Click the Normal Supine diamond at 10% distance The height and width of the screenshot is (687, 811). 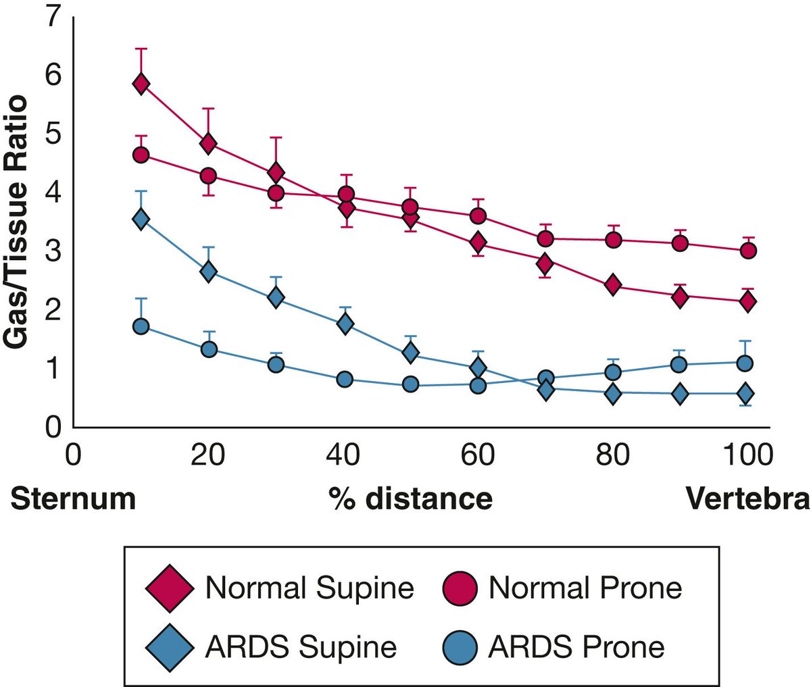point(141,84)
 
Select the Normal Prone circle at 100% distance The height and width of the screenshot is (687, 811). point(748,251)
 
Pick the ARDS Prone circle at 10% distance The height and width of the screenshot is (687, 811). point(141,326)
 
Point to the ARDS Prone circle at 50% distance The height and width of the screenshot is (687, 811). point(410,384)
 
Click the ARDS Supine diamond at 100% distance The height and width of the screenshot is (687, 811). point(745,393)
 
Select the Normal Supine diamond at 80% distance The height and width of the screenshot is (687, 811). point(613,285)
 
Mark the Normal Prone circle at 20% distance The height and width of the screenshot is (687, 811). point(208,176)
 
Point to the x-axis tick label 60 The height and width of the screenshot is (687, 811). point(477,455)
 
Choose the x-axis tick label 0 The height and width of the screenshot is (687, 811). point(73,455)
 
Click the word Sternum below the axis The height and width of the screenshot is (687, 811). point(74,499)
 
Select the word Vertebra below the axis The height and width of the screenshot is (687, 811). point(747,499)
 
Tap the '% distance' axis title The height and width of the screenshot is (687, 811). point(410,499)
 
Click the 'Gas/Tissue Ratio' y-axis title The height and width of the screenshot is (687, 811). point(17,223)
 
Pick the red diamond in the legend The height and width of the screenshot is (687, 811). point(169,588)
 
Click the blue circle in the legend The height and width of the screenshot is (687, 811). point(462,646)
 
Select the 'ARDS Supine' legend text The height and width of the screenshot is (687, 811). point(301,646)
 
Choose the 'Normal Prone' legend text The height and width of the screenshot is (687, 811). point(585,588)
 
